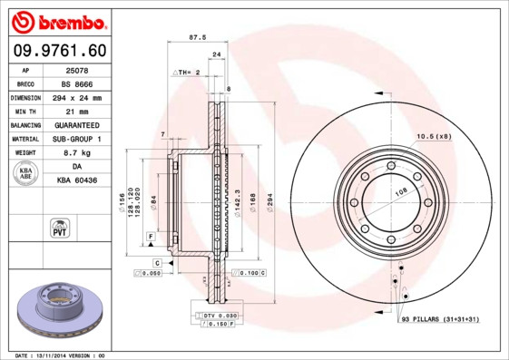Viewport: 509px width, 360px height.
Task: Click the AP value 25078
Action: [77, 69]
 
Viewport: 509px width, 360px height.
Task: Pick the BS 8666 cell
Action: [77, 83]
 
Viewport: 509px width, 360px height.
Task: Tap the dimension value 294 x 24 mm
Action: [77, 97]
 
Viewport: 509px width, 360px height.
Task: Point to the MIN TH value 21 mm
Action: [77, 111]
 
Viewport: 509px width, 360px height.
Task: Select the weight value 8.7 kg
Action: [77, 153]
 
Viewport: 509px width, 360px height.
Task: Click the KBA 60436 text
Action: [77, 180]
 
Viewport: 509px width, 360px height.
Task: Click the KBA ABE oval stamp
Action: [25, 174]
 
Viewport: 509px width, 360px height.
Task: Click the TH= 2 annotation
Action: [187, 71]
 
